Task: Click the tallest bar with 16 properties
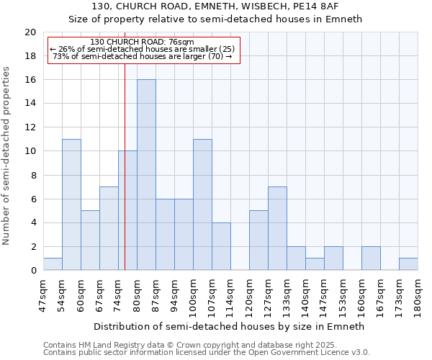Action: [146, 175]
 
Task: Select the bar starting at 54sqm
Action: [71, 204]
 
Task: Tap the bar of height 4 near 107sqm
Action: [221, 246]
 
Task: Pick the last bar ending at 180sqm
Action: [408, 264]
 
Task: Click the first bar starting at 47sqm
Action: [53, 264]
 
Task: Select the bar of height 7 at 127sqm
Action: [277, 228]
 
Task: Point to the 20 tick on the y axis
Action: [30, 32]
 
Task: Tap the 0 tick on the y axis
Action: [33, 271]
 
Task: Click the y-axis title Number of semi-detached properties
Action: [7, 156]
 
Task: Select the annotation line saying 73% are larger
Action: [143, 56]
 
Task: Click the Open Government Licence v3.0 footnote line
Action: [207, 353]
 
